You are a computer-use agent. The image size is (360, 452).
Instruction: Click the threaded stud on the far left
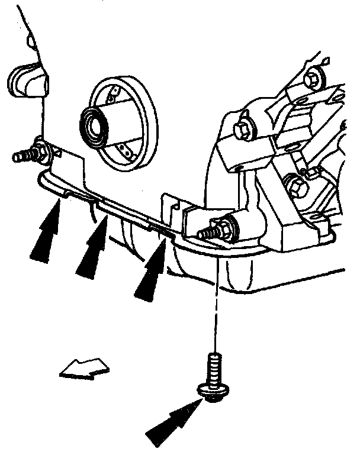(x=22, y=157)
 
